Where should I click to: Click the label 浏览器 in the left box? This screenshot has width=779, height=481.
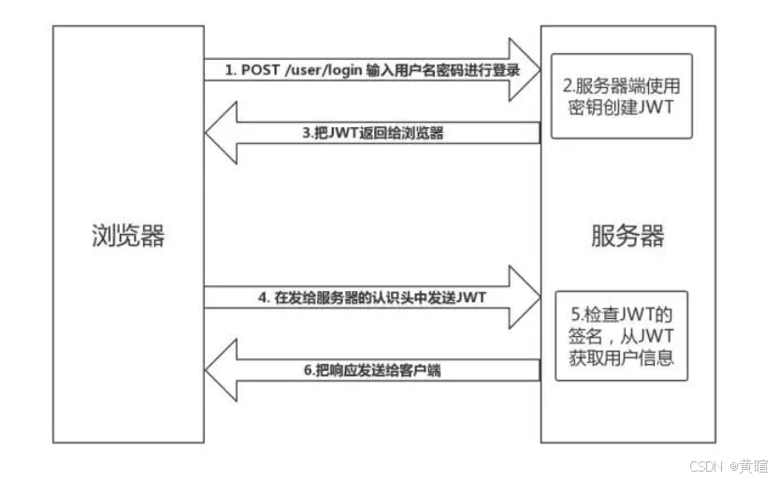click(128, 235)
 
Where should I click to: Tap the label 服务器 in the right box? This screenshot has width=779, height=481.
click(628, 235)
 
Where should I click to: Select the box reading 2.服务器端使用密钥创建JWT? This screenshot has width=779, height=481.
click(621, 95)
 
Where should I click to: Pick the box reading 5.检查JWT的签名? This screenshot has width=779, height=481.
click(621, 335)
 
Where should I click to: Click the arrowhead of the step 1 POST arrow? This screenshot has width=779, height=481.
click(521, 69)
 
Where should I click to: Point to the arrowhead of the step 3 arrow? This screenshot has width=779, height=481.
click(223, 132)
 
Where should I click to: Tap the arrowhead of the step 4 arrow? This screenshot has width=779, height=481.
click(521, 298)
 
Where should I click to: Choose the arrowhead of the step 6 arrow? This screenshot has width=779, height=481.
click(223, 371)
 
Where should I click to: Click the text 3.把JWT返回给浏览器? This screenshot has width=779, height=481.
click(372, 133)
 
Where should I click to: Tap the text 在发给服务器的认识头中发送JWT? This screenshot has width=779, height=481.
click(392, 298)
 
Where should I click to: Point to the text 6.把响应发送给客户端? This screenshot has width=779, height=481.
click(372, 371)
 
